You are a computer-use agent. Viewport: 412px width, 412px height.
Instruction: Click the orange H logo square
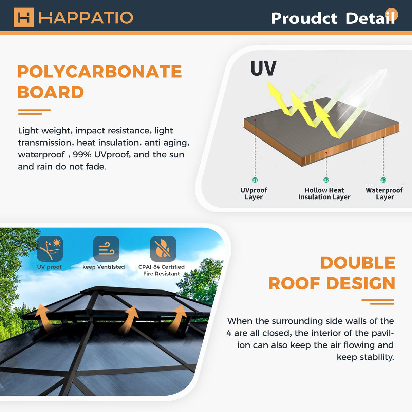coord(24,17)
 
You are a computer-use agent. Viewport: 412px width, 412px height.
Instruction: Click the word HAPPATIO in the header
coord(86,18)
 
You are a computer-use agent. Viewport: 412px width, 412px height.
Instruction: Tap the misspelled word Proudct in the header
coord(304,18)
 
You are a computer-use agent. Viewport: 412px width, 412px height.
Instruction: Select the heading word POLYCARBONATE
coord(99,72)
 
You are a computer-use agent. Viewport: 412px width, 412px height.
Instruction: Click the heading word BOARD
coord(51,92)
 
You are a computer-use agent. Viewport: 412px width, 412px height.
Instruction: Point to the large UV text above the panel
coord(263,69)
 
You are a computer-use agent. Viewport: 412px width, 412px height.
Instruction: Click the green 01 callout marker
coord(255,180)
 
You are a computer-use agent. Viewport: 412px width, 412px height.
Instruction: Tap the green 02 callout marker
coord(326,180)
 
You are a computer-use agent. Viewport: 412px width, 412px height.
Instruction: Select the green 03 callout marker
coord(383,180)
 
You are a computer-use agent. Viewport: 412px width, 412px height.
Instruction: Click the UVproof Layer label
coord(254,193)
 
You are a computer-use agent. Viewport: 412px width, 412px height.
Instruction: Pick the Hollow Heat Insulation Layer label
coord(324,193)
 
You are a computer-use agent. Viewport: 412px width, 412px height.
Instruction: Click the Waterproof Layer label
coord(384,193)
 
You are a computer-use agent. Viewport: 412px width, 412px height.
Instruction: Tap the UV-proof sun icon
coord(50,249)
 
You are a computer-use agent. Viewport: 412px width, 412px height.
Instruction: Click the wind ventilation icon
coord(106,249)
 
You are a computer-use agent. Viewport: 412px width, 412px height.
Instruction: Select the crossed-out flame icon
coord(163,249)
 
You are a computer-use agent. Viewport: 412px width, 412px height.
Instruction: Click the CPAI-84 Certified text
coord(161,267)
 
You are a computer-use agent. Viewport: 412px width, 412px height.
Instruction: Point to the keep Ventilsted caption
coord(104,267)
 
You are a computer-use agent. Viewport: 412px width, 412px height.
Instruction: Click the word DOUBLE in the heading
coord(358,263)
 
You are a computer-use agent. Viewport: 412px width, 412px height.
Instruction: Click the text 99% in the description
coord(82,155)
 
